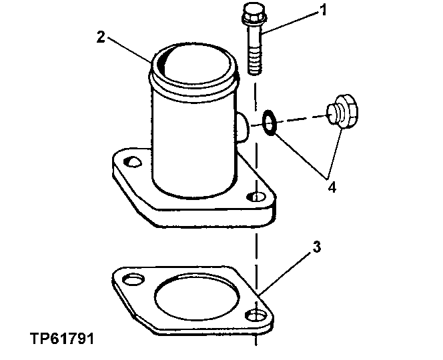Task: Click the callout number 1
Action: point(323,11)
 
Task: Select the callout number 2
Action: point(101,37)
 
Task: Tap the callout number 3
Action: point(317,247)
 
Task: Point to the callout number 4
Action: point(332,187)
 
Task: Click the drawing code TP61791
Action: point(62,339)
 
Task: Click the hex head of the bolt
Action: point(254,15)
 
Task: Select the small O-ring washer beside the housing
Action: point(270,123)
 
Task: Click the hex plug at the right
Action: point(342,111)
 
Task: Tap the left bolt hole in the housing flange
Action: point(132,162)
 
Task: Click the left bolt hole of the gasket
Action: point(133,279)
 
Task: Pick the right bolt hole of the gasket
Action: point(256,315)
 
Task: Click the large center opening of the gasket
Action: point(197,296)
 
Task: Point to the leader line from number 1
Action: point(290,23)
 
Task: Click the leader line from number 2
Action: point(129,50)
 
